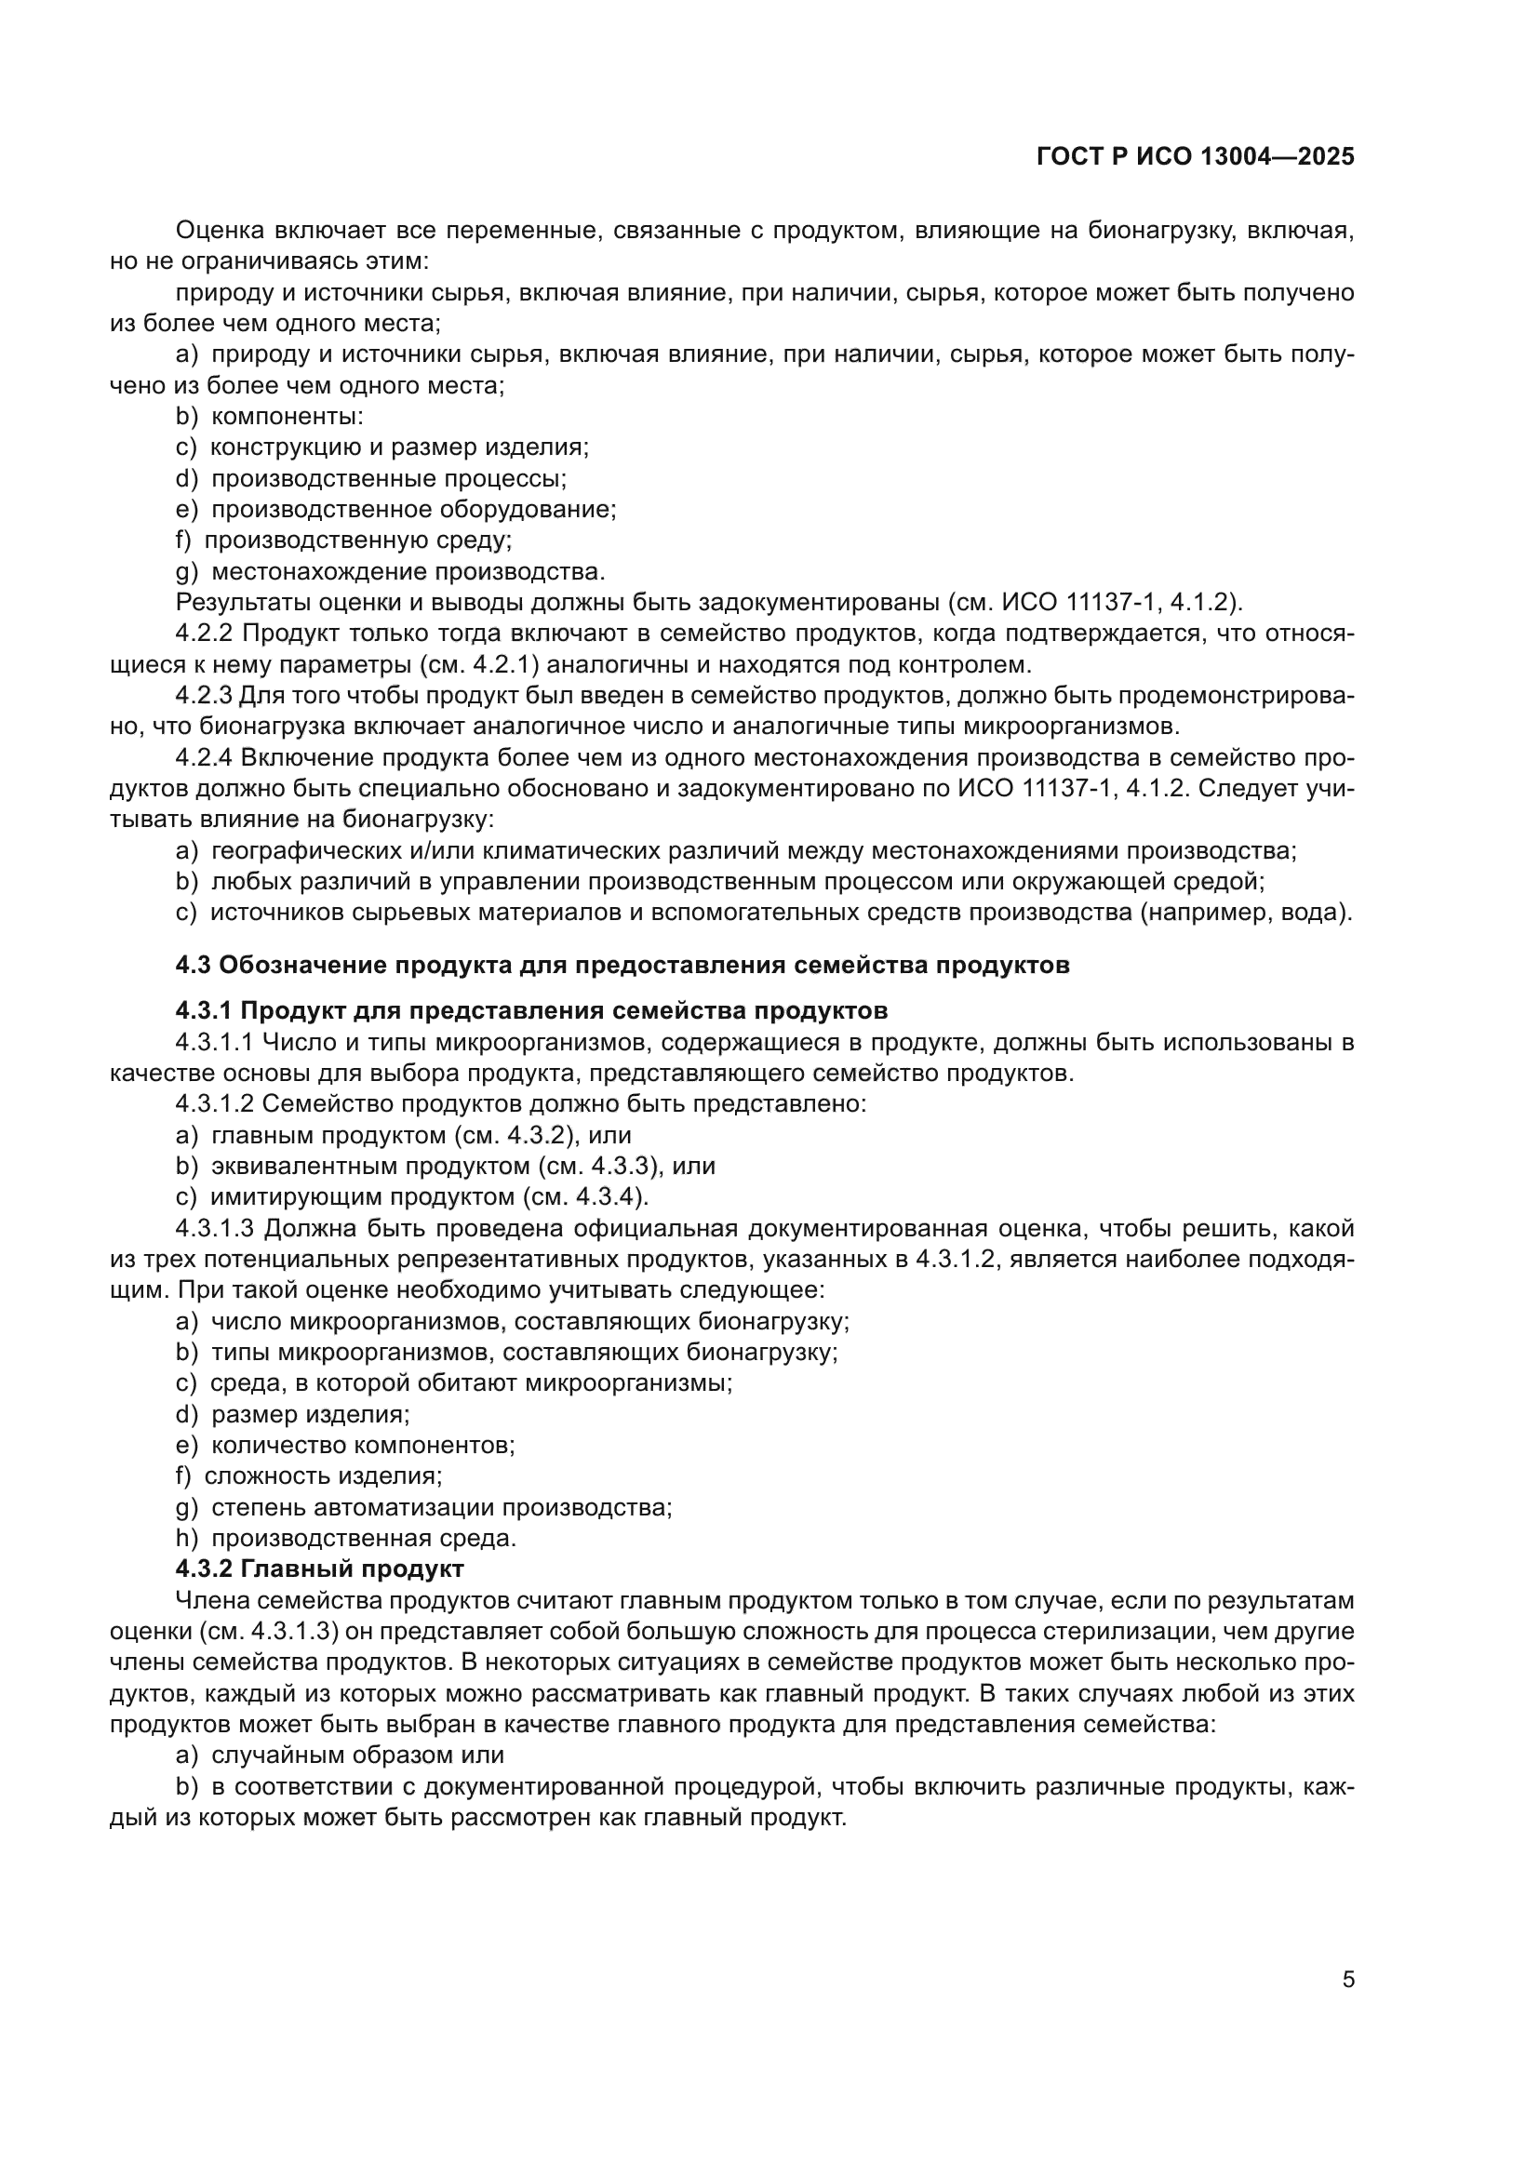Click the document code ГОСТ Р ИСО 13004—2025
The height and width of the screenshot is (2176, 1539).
click(1195, 157)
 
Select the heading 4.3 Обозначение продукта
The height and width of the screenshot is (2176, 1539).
click(622, 965)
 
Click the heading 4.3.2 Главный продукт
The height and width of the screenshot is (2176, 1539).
click(319, 1569)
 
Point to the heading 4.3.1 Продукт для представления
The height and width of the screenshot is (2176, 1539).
click(530, 1011)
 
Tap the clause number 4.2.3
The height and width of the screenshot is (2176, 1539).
click(204, 696)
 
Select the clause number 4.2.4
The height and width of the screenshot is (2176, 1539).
click(204, 758)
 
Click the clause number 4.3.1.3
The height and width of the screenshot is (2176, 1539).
click(214, 1228)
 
